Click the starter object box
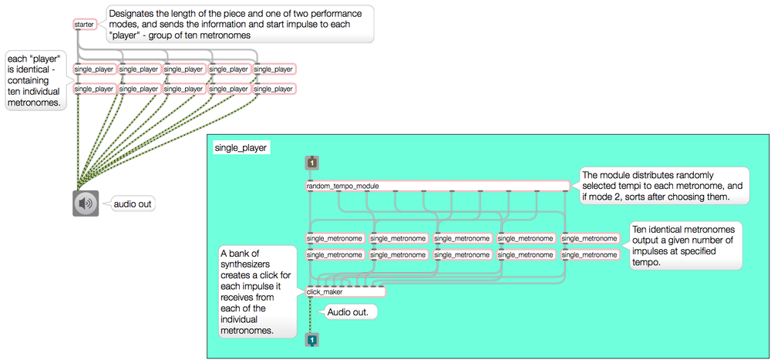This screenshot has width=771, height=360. (x=83, y=25)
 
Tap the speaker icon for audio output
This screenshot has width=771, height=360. (x=86, y=204)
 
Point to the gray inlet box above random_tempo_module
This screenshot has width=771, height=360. (x=311, y=163)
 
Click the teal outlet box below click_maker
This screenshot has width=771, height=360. (x=311, y=339)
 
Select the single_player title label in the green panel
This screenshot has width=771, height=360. (x=240, y=146)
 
